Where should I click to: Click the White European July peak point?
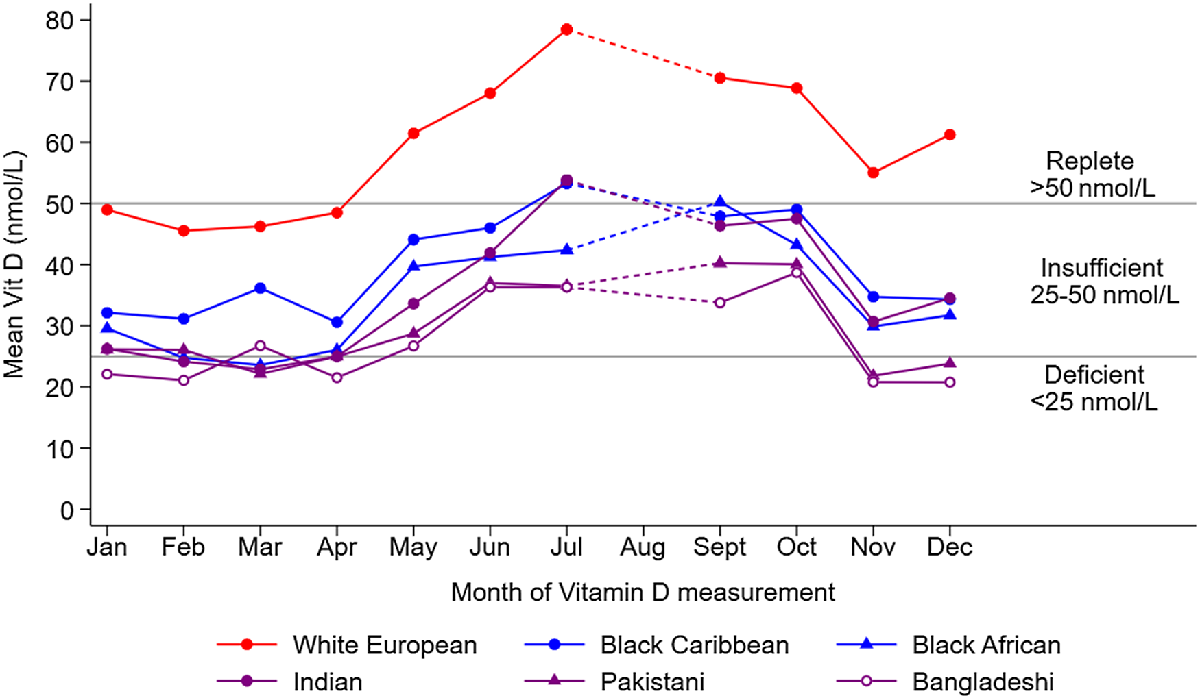(x=566, y=29)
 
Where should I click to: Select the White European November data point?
(x=873, y=173)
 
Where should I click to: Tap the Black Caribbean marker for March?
(x=260, y=288)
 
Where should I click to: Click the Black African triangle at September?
(x=720, y=201)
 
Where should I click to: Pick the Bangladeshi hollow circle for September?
(x=720, y=303)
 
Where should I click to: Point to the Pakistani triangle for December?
(x=950, y=363)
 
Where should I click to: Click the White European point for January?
(x=107, y=210)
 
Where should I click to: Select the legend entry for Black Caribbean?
(x=694, y=645)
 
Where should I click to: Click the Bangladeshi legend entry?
(x=982, y=682)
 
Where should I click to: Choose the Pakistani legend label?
(x=652, y=682)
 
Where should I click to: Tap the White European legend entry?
(x=384, y=645)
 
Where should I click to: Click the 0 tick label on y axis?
(x=67, y=510)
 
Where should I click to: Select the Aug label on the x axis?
(x=643, y=547)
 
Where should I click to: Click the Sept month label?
(x=719, y=547)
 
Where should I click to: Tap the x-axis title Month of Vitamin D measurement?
(x=643, y=593)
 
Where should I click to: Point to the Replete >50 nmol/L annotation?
(x=1092, y=174)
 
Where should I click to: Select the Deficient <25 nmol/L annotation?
(x=1094, y=388)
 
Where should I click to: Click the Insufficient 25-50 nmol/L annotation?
(x=1103, y=281)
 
